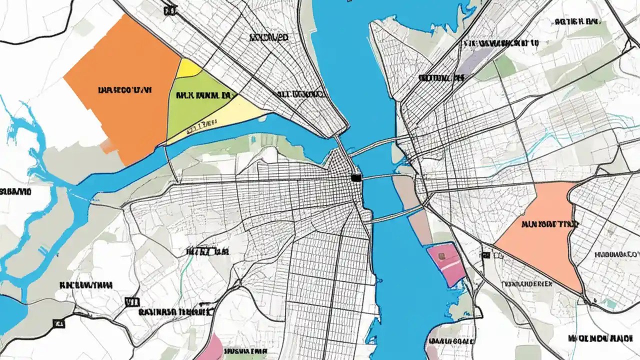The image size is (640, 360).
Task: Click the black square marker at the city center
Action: pos(356,177)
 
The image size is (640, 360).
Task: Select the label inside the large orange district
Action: pos(125,90)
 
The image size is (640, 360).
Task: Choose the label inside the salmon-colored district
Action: pos(549,224)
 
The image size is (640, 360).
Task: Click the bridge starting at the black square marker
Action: pos(380,176)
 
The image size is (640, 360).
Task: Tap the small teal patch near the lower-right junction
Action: pos(610,303)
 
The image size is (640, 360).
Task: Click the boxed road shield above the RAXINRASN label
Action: pos(131,301)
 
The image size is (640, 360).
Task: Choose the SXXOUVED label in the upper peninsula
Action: pos(268,37)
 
